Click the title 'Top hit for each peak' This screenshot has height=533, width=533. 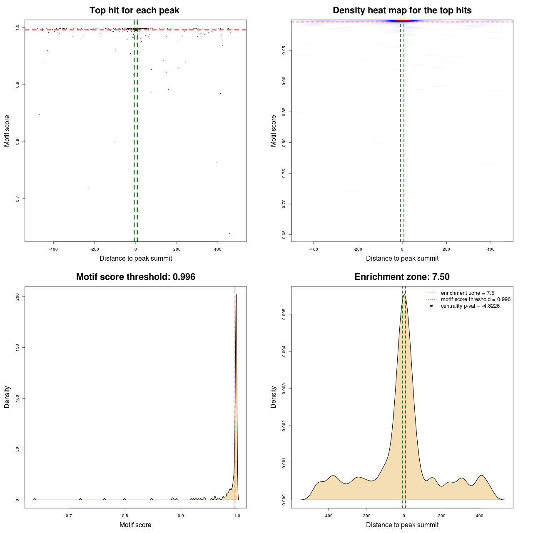pos(134,10)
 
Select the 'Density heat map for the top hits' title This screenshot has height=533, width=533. pos(402,10)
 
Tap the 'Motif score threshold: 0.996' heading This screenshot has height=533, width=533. pos(135,277)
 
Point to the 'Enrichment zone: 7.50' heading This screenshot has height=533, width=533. pos(402,277)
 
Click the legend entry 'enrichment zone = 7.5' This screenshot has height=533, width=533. pos(467,293)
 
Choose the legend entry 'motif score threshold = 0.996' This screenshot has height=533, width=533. pos(475,299)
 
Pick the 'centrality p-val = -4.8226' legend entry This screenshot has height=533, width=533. pos(470,306)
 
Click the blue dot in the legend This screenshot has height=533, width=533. pos(431,306)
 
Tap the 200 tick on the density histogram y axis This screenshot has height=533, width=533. pos(17,296)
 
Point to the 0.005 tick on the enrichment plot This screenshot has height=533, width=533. pos(284,314)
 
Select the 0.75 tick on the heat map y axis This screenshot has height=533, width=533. pos(284,173)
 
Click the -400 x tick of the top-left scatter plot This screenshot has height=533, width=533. pos(53,249)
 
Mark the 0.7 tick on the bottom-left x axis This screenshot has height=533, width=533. pos(69,516)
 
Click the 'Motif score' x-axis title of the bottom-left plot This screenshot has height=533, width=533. pos(135,525)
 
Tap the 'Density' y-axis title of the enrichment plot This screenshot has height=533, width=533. pos(274,397)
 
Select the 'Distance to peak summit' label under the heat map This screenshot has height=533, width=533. pos(402,259)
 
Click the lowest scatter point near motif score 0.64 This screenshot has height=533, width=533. pos(229,233)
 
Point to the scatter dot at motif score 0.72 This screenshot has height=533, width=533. pos(89,187)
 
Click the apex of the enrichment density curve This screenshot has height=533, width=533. pos(404,295)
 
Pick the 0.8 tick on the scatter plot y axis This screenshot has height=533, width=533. pos(17,142)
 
